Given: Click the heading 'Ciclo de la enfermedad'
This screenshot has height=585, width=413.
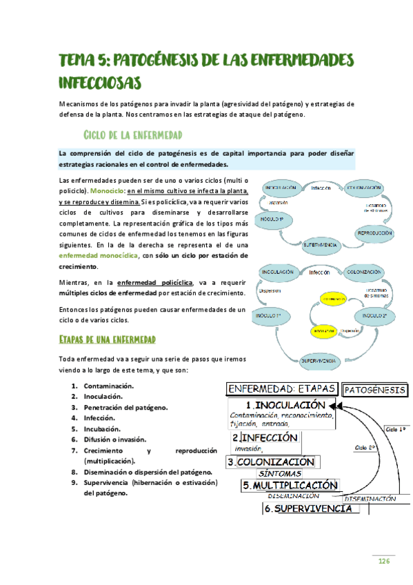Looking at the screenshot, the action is click(x=132, y=134).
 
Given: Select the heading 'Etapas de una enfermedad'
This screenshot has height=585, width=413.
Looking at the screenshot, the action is click(x=107, y=339).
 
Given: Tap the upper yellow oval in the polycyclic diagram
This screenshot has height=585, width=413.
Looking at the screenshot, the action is click(x=334, y=298).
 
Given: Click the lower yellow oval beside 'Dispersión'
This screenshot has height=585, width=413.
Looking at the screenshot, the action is click(x=319, y=330).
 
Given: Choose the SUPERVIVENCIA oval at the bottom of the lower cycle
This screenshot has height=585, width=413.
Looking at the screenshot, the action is click(x=319, y=361).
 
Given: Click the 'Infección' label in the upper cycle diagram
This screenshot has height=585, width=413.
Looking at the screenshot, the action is click(x=321, y=188).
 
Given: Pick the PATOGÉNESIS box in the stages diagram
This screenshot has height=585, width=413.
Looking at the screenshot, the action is click(x=374, y=390).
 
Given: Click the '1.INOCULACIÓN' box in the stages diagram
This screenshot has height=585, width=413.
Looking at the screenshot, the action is click(x=283, y=405).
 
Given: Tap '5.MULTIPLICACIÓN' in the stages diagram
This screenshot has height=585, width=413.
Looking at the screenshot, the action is click(x=290, y=486).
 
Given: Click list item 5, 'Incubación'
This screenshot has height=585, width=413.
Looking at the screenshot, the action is click(x=105, y=428).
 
